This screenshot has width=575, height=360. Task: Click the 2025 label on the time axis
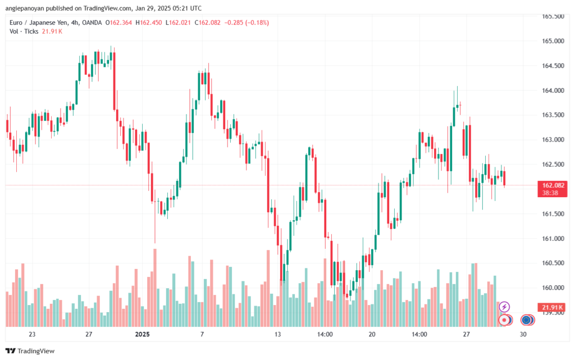click(x=142, y=334)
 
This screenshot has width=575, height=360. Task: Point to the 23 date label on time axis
click(x=32, y=334)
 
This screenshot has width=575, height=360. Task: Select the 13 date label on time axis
click(x=277, y=334)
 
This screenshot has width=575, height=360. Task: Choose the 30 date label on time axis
click(x=523, y=334)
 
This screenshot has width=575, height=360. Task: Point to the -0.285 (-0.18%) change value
click(x=247, y=22)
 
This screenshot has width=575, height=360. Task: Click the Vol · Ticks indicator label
click(x=25, y=31)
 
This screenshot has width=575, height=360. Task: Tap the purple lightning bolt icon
click(x=504, y=307)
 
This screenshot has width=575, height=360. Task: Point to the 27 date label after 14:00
click(x=466, y=334)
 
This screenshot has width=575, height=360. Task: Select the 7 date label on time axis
click(x=202, y=334)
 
